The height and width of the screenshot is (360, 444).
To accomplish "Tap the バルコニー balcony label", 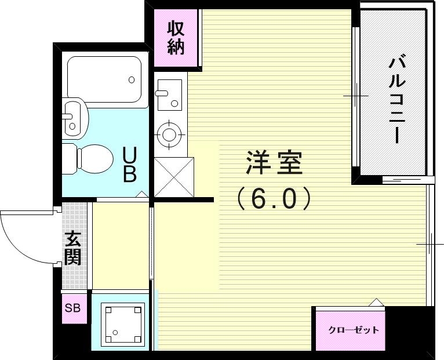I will (396, 99).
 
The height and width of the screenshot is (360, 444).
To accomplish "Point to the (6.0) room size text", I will (274, 199).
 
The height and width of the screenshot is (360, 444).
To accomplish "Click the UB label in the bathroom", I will (129, 165).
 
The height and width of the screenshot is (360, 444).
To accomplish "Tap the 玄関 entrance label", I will (73, 248).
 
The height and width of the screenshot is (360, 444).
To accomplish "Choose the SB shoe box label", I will (73, 308).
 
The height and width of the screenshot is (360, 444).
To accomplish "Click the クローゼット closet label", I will (353, 330).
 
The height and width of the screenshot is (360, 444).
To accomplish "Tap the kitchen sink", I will (169, 93).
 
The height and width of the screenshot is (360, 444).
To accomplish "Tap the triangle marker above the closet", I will (376, 302).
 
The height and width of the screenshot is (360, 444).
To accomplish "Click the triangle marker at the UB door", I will (141, 195).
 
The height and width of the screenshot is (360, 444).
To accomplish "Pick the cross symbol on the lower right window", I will (430, 244).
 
